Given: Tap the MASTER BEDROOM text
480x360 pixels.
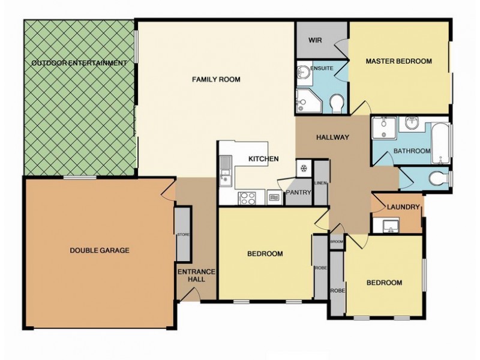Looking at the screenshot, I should [399, 61].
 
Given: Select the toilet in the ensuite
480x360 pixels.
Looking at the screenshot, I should [337, 105].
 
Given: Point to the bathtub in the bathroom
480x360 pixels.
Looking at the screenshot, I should [440, 143].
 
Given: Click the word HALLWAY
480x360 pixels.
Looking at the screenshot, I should [332, 137].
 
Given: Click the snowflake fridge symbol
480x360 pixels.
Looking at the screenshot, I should [304, 168].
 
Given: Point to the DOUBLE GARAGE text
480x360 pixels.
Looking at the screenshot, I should [100, 250].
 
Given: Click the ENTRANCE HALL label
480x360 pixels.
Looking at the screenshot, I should [196, 277].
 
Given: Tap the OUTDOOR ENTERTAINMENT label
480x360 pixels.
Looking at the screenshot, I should [79, 63].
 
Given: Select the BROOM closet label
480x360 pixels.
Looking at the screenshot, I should [337, 241].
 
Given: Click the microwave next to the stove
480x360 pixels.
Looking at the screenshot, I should [273, 196].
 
